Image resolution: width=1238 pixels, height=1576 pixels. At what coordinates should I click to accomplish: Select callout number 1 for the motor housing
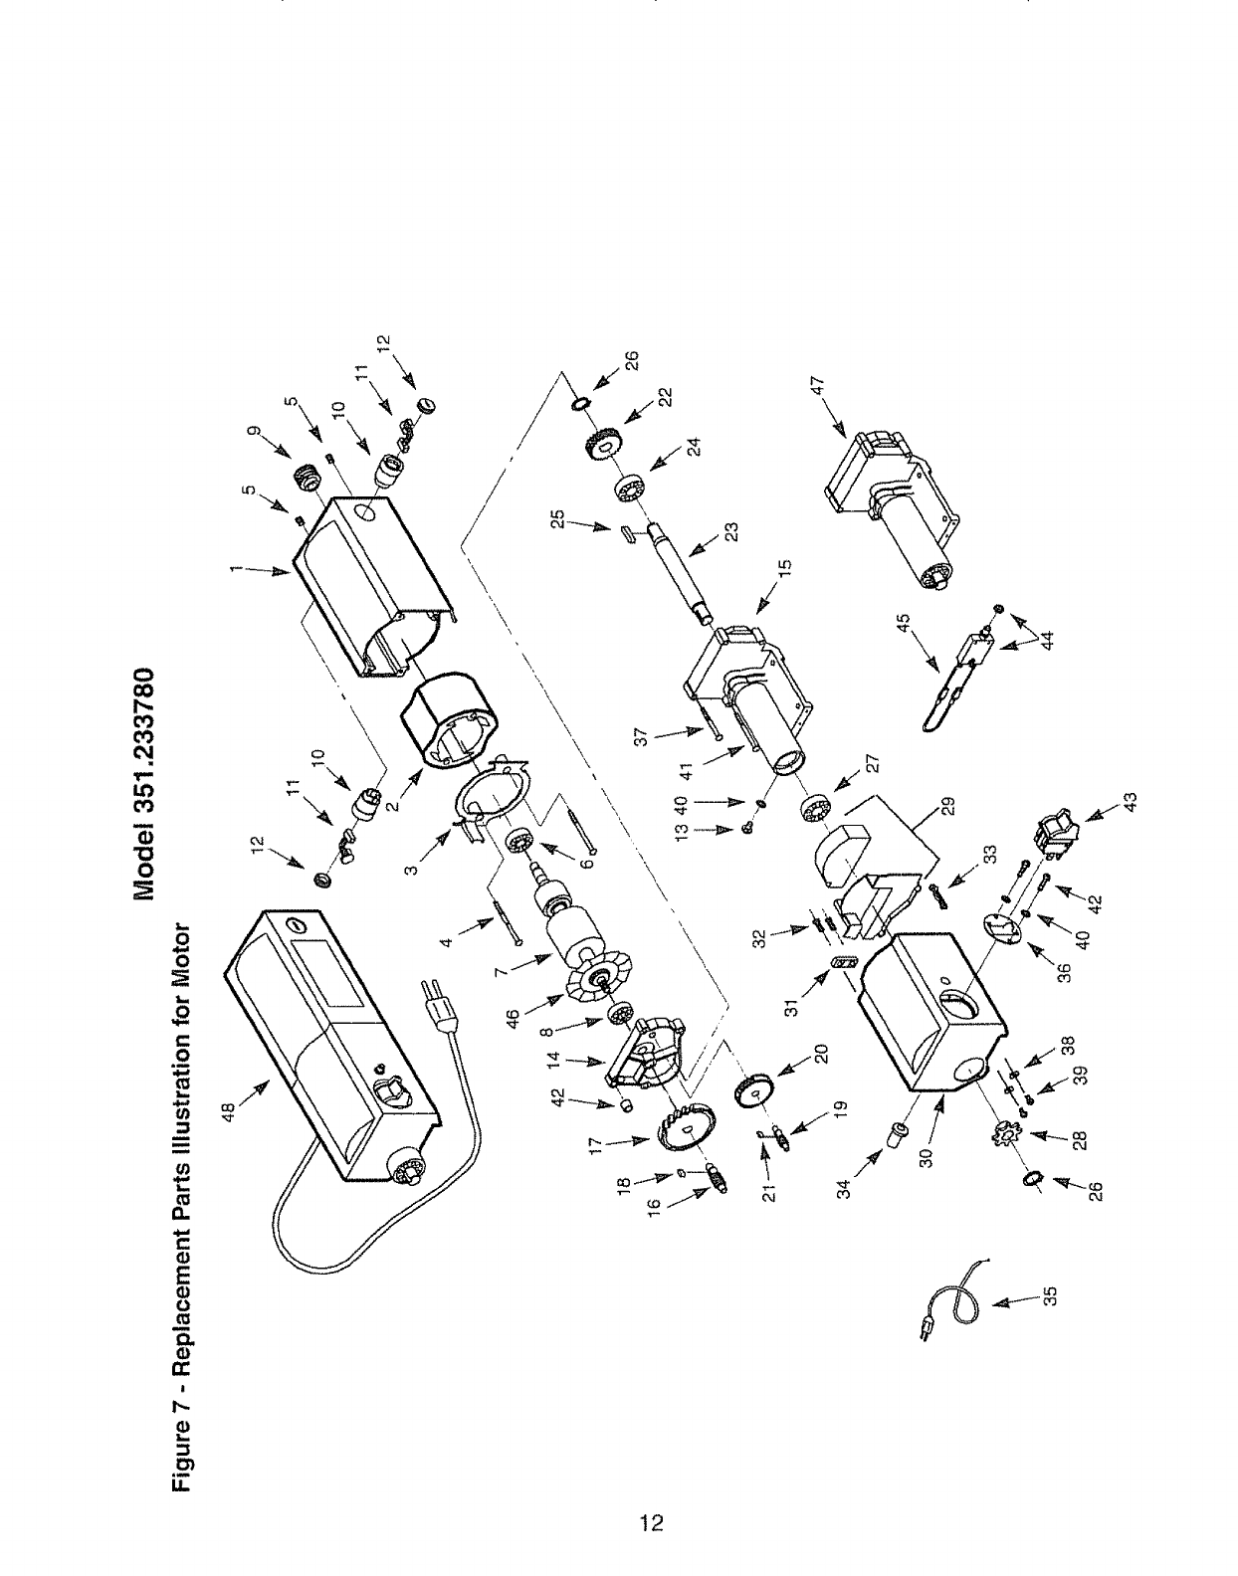coord(237,568)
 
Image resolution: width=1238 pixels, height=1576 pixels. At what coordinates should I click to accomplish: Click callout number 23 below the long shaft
coord(731,532)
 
